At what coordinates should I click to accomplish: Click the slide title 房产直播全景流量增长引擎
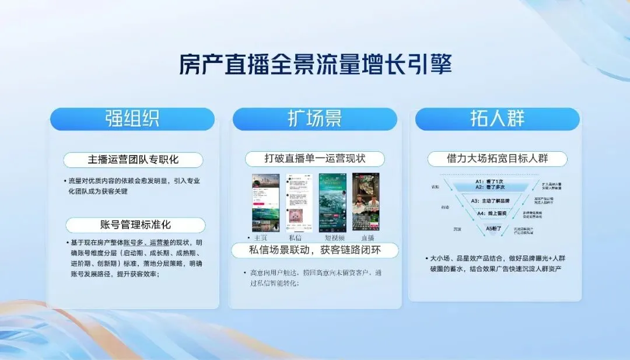(x=315, y=64)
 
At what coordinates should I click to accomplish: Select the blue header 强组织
(x=132, y=119)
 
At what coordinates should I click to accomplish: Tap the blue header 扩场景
(x=314, y=119)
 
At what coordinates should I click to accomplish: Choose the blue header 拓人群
(x=497, y=119)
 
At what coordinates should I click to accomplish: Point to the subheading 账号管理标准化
(x=135, y=225)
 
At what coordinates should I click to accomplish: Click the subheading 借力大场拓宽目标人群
(x=497, y=159)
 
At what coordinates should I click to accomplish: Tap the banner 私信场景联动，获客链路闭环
(x=315, y=250)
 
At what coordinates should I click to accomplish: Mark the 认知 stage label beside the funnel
(x=435, y=187)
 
